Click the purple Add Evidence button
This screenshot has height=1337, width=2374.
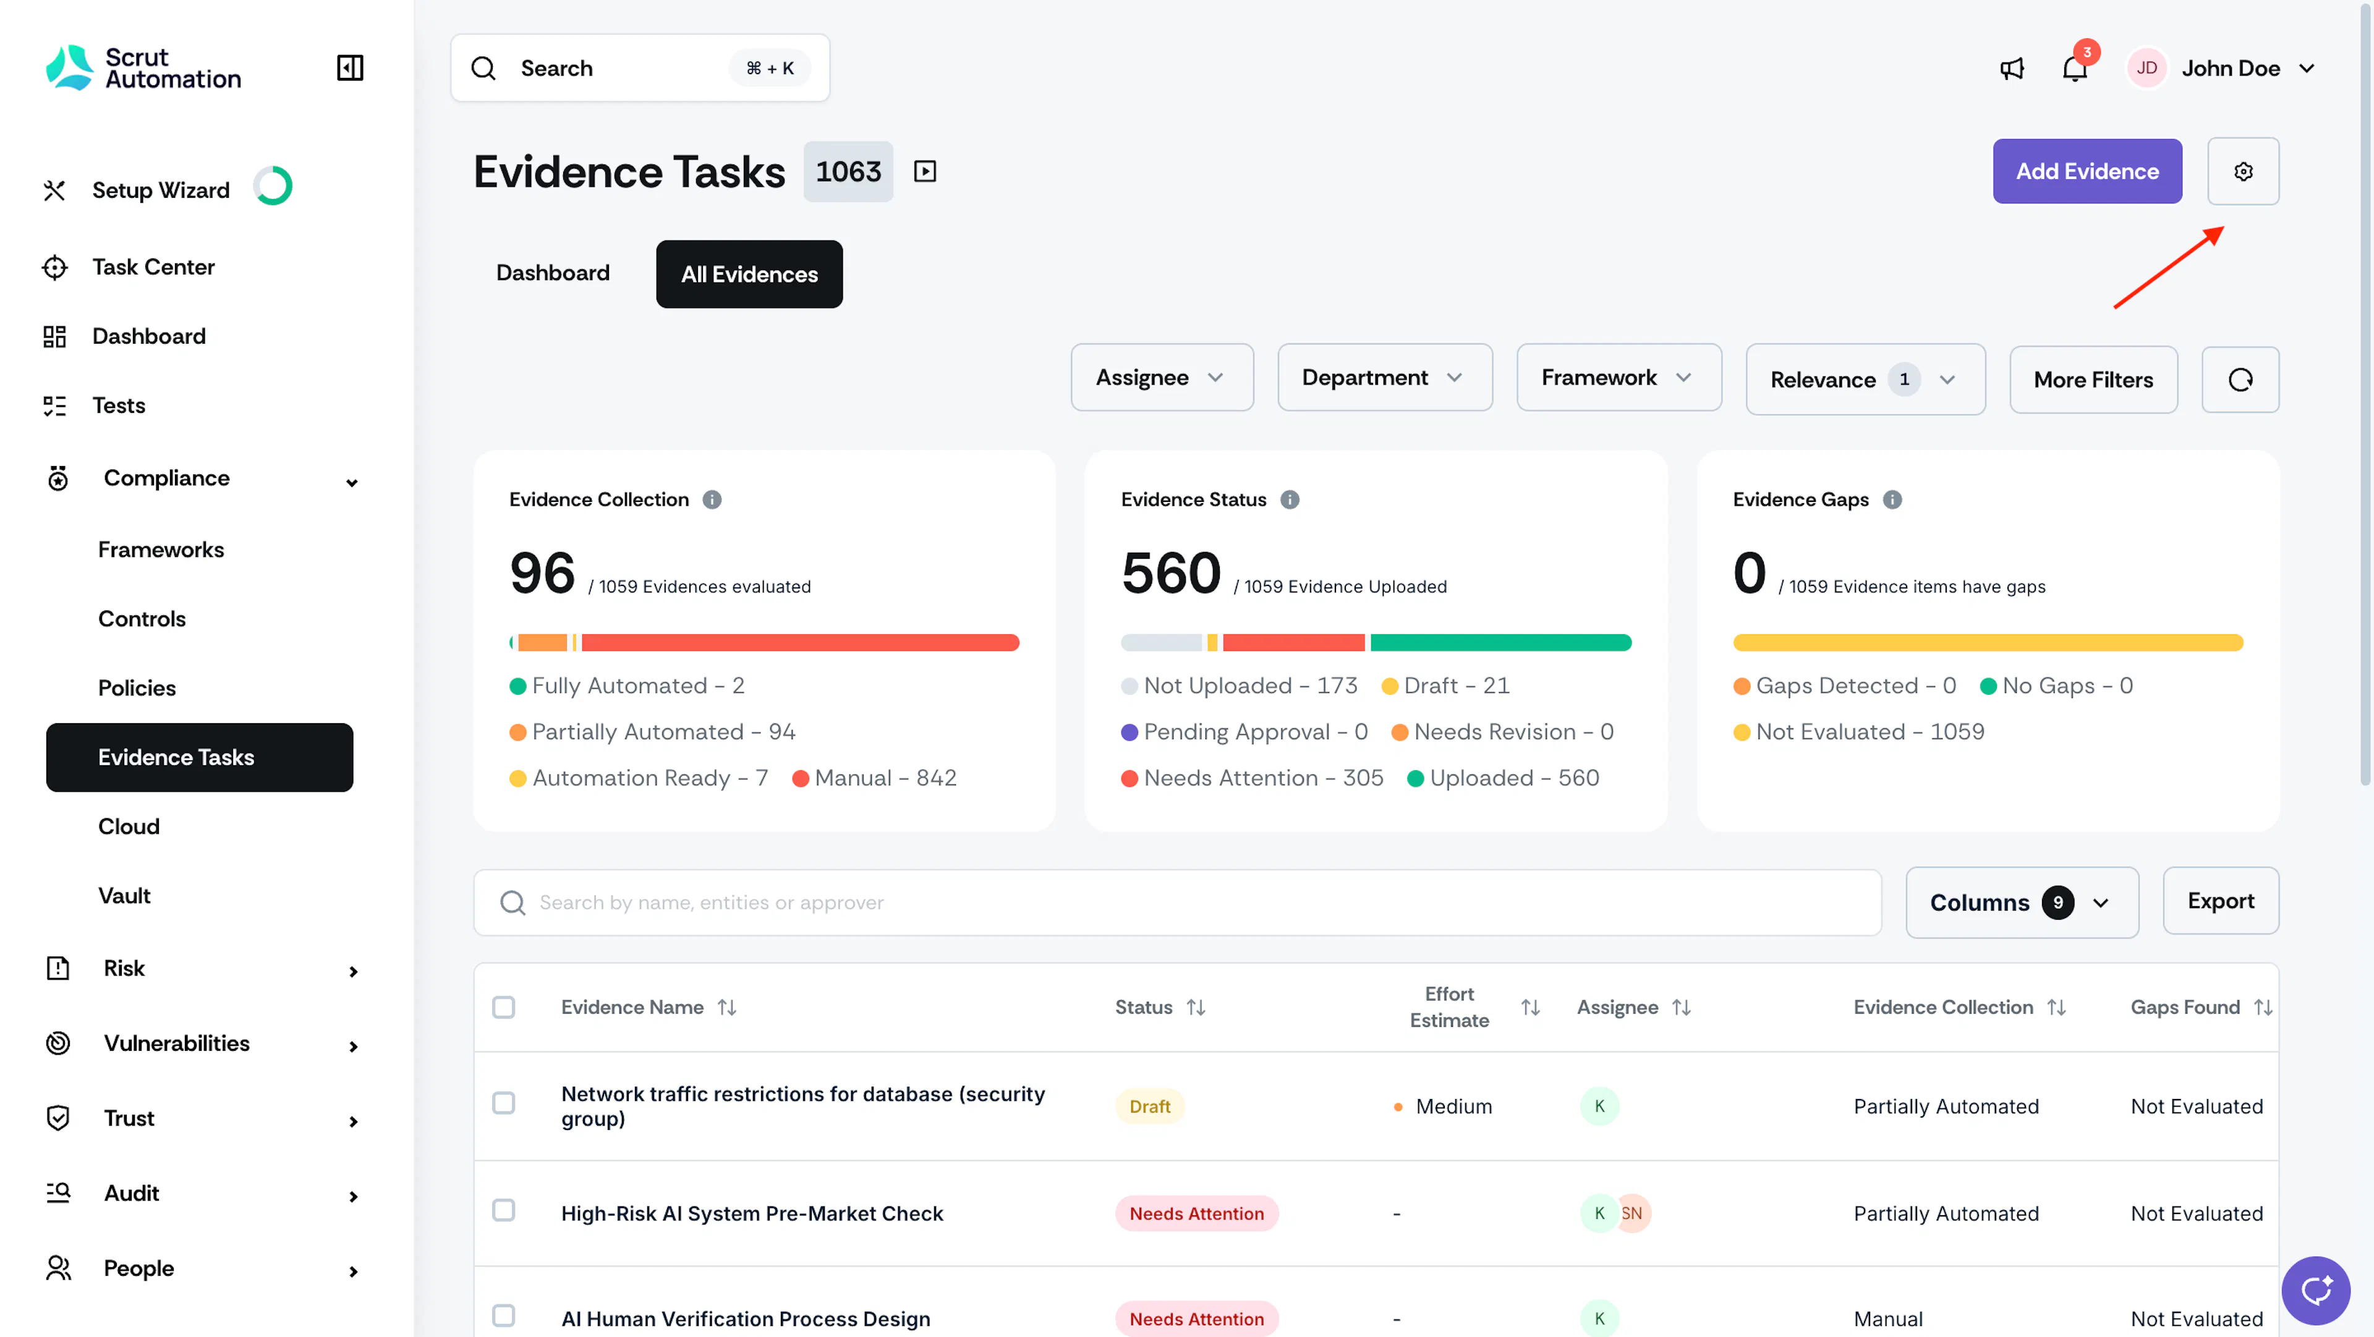pos(2087,171)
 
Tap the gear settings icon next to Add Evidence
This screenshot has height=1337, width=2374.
pos(2242,171)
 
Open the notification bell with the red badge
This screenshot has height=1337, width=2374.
pos(2075,68)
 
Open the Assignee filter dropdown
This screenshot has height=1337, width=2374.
pos(1161,378)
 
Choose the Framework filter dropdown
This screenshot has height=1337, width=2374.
pos(1619,378)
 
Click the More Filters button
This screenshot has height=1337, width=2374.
pos(2093,380)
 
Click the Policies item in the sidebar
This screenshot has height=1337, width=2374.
pos(137,687)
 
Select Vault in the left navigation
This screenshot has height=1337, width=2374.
pos(124,896)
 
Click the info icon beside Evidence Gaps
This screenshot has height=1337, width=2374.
pos(1892,499)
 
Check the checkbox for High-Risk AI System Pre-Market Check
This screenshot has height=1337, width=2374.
pos(503,1211)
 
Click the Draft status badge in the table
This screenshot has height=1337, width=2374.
pos(1149,1106)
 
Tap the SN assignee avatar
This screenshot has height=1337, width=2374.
pos(1632,1213)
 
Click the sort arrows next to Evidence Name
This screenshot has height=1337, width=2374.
pos(727,1007)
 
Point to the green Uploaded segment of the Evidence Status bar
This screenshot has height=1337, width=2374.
pos(1500,642)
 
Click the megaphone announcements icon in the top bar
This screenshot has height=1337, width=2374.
pos(2012,68)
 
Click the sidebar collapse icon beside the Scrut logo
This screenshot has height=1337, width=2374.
pos(350,68)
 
